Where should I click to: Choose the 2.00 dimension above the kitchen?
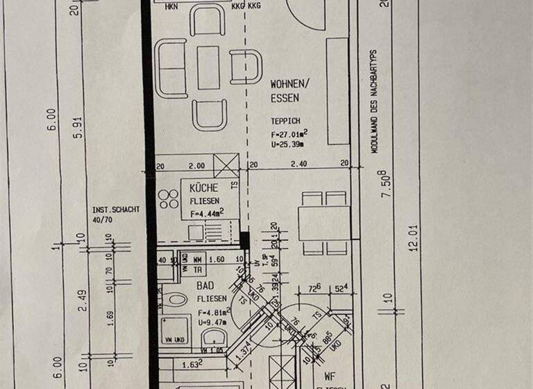pyautogui.click(x=197, y=165)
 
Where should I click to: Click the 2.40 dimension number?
pyautogui.click(x=298, y=165)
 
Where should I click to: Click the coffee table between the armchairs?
pyautogui.click(x=208, y=67)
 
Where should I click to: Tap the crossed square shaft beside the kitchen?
pyautogui.click(x=226, y=166)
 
